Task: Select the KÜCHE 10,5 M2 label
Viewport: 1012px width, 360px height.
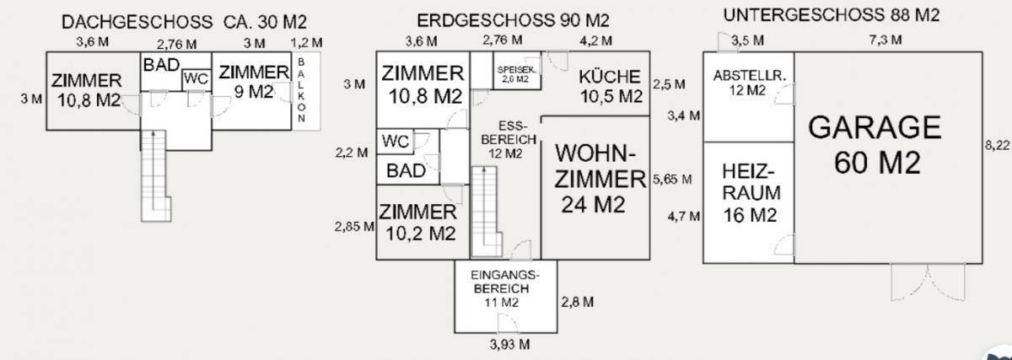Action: pos(611,86)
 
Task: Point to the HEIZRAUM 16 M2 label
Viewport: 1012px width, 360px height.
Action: pos(751,193)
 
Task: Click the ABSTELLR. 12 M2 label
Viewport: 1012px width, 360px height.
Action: pos(750,83)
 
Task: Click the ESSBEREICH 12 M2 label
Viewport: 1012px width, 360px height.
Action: pos(509,140)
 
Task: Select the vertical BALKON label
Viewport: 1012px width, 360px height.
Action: pos(301,90)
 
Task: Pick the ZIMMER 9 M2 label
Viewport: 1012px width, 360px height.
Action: pos(254,82)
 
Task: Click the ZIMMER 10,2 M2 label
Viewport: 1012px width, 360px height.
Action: pos(418,223)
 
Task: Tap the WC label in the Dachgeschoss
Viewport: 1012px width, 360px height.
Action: pos(196,79)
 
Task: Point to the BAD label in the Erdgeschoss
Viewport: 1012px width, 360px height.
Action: pos(406,171)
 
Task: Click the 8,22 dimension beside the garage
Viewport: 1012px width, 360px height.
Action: pos(997,146)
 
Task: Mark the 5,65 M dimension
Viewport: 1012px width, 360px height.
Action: pos(672,180)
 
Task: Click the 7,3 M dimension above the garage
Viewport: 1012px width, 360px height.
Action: pos(885,40)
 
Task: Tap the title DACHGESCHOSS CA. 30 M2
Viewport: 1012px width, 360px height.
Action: pos(184,22)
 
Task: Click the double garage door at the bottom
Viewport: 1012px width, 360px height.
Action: pos(928,282)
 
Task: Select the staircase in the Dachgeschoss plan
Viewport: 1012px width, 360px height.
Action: pos(156,176)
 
